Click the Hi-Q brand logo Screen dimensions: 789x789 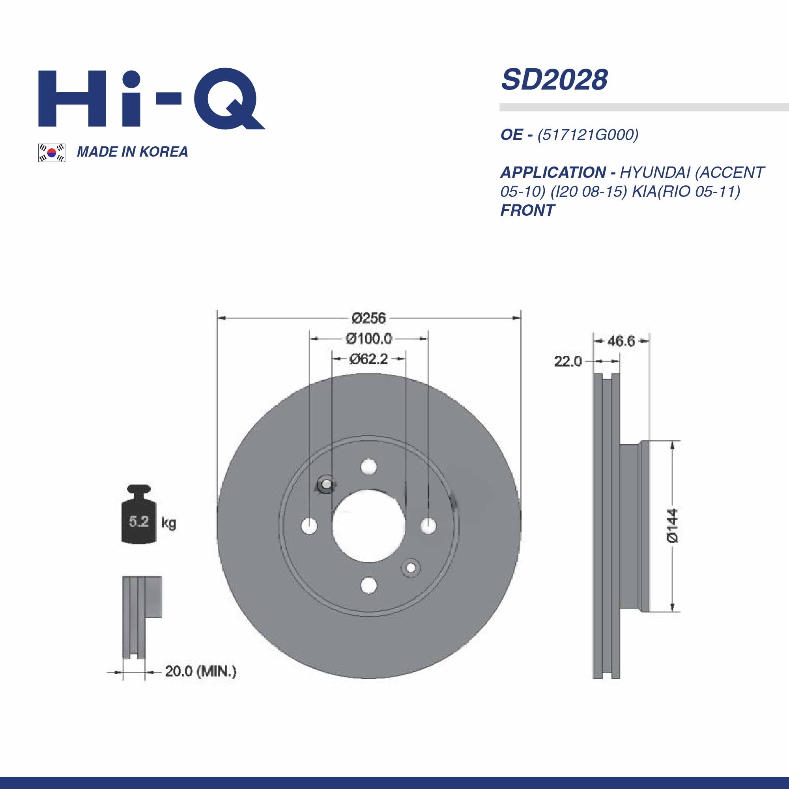click(x=151, y=99)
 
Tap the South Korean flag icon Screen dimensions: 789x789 click(x=51, y=153)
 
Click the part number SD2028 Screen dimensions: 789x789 click(x=554, y=80)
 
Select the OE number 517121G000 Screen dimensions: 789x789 click(x=588, y=135)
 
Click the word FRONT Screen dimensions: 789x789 click(x=527, y=211)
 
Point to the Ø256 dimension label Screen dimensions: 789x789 click(x=368, y=318)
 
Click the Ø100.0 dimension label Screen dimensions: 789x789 click(x=368, y=338)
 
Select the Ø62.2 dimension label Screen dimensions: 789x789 click(x=368, y=359)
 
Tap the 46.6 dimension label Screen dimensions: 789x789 click(x=621, y=340)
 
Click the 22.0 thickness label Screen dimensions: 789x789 click(x=568, y=361)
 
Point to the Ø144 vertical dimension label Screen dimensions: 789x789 click(x=672, y=526)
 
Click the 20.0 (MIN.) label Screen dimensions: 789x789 click(x=200, y=671)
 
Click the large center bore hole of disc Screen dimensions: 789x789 click(x=368, y=526)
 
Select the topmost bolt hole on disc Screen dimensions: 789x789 click(x=369, y=466)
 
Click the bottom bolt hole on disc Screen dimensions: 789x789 click(x=369, y=585)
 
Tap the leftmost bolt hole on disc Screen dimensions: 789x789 click(x=310, y=525)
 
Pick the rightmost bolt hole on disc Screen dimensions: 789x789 click(x=428, y=525)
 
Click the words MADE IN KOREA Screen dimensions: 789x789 click(x=132, y=152)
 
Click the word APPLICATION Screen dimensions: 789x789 click(x=553, y=173)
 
